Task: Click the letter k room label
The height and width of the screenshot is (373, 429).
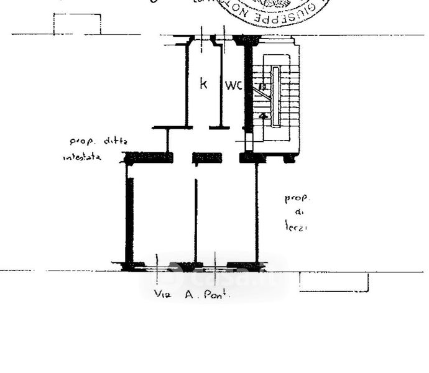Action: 203,83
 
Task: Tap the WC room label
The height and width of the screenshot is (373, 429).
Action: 234,85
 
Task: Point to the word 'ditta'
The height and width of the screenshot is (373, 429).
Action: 116,141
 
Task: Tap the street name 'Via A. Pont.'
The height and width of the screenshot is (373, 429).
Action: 191,295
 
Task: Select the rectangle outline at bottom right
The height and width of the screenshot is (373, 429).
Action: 333,282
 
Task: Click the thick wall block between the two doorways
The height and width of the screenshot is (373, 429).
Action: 207,158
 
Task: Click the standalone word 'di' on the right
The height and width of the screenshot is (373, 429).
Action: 297,213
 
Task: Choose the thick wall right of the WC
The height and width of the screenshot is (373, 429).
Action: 248,87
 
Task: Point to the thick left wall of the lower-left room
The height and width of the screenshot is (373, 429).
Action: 129,218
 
